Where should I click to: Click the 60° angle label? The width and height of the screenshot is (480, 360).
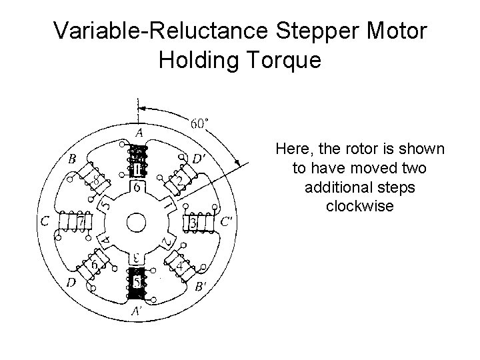click(x=199, y=123)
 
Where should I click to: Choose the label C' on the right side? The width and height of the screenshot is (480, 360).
click(x=226, y=221)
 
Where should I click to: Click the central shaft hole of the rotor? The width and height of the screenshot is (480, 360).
click(x=137, y=221)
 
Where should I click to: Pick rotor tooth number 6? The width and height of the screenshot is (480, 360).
click(x=137, y=189)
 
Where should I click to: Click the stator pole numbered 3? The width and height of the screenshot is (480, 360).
click(x=193, y=221)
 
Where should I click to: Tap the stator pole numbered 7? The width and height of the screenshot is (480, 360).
click(x=81, y=219)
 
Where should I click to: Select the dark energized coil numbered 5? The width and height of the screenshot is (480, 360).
click(x=137, y=283)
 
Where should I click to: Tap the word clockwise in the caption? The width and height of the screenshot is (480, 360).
click(x=360, y=206)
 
